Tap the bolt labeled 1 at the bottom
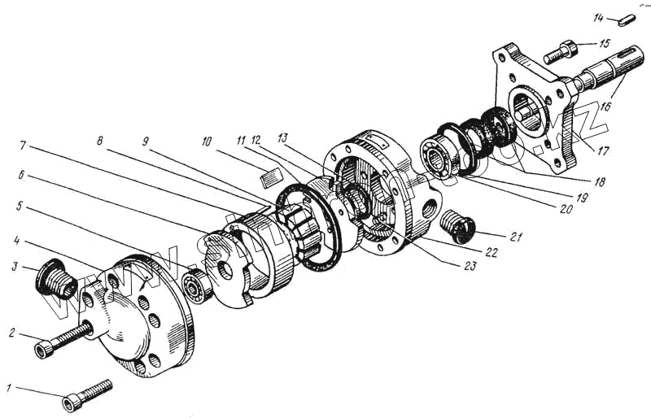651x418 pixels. click(85, 392)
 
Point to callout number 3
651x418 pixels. click(15, 266)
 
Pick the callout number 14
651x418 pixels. click(598, 17)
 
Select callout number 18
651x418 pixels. click(600, 183)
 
